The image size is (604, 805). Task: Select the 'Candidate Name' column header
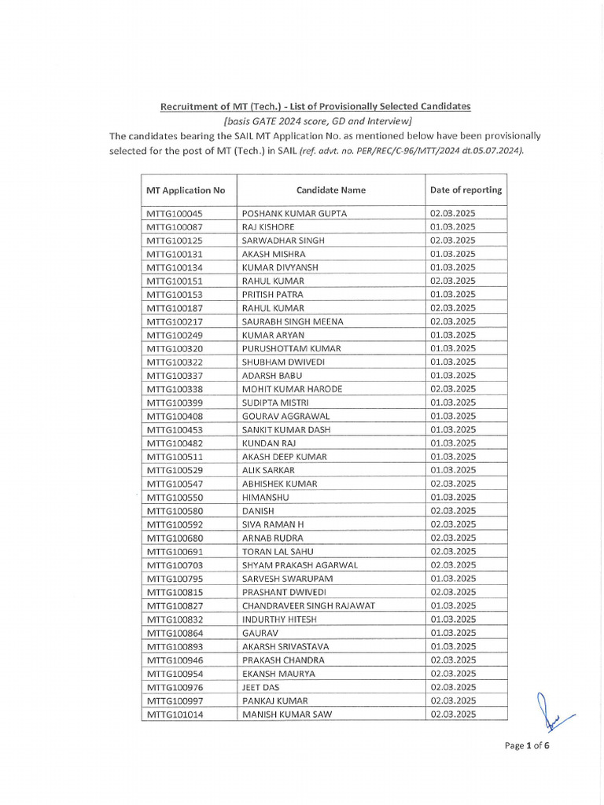click(330, 190)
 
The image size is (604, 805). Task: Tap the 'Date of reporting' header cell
click(466, 190)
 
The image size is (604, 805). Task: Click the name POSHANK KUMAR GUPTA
click(294, 214)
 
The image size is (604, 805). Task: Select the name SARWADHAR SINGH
click(283, 241)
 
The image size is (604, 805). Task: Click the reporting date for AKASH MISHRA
click(452, 254)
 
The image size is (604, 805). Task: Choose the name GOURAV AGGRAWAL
click(285, 416)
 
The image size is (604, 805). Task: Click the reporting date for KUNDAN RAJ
click(452, 443)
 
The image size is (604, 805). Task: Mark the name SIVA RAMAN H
click(273, 524)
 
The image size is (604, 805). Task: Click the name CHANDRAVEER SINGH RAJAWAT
click(308, 605)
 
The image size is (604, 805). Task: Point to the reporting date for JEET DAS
click(452, 687)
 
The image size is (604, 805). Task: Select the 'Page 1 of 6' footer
click(526, 746)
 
